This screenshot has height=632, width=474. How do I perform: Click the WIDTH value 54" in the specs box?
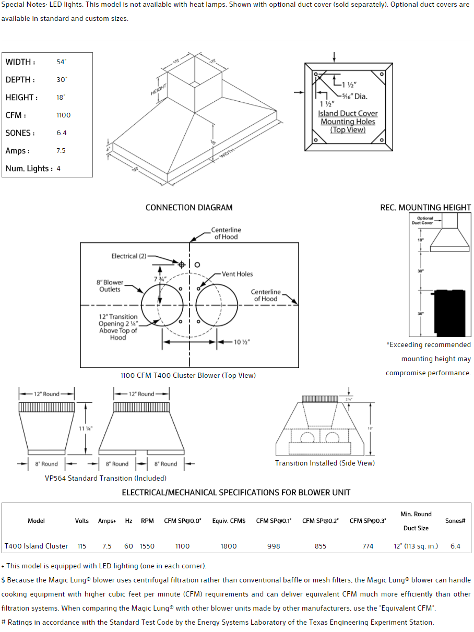(62, 62)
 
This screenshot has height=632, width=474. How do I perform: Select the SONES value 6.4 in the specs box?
(62, 133)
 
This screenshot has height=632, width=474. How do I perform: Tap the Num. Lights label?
(29, 169)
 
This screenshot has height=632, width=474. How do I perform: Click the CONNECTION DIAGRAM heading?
(189, 208)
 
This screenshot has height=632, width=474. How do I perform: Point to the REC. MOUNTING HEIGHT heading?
(425, 208)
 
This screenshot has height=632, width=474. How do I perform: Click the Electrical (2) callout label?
(128, 256)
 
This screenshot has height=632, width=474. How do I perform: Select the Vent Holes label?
(238, 274)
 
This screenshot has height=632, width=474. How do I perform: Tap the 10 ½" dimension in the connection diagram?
(241, 342)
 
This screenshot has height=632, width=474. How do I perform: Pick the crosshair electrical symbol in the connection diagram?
(182, 265)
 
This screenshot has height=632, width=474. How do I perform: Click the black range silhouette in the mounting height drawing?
(450, 312)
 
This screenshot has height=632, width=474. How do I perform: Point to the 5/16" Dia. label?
(354, 96)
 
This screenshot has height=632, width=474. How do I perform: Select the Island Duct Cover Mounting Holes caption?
(348, 122)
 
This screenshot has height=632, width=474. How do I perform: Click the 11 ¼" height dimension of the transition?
(86, 428)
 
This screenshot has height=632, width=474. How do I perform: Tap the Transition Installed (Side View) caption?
(325, 463)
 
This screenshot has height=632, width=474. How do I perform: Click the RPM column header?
(147, 521)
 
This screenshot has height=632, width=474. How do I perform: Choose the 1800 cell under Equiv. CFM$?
(229, 546)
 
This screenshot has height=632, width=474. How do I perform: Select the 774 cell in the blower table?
(368, 546)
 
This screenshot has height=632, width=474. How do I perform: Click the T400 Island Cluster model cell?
(37, 546)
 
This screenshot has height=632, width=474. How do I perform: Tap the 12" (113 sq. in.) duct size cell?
(416, 546)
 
